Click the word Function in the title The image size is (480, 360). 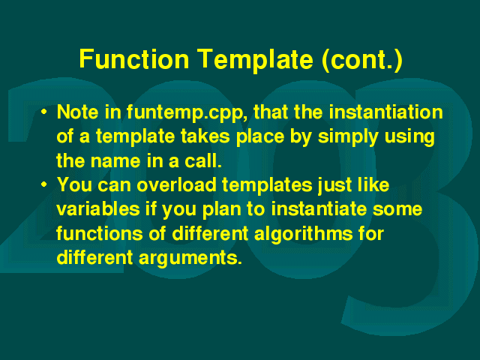pos(134,58)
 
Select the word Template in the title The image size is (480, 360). pos(255,60)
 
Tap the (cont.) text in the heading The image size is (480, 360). pos(362,60)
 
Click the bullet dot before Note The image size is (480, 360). pos(44,112)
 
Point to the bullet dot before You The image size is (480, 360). pos(44,184)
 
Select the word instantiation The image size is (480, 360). pos(385,112)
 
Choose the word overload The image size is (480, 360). pos(176,185)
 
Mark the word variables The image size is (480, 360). pos(98,209)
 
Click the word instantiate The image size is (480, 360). pos(319,209)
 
